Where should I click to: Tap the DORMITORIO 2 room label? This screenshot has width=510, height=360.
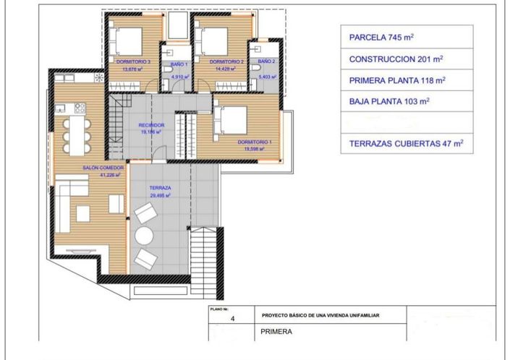click(224, 62)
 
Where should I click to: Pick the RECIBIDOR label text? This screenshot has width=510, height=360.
click(152, 125)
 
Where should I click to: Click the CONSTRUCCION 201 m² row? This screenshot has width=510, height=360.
click(407, 59)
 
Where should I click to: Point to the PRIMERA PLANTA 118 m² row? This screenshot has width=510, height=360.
click(407, 81)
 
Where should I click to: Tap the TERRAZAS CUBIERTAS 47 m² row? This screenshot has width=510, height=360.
click(407, 143)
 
